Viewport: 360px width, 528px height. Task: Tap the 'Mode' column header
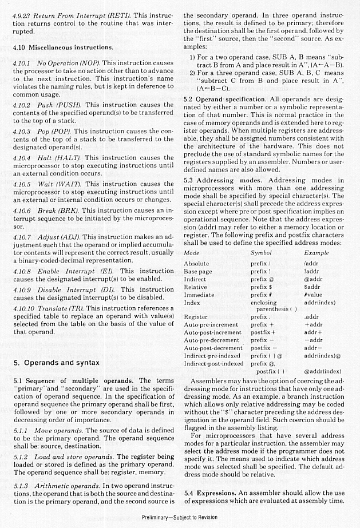[x=192, y=252]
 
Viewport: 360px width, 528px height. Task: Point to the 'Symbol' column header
[x=261, y=252]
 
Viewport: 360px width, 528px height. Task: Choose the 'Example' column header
[x=316, y=252]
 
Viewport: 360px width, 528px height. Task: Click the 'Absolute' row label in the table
[x=196, y=263]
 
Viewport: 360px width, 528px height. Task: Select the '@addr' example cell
[x=312, y=279]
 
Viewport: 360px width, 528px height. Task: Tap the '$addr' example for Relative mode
[x=312, y=287]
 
